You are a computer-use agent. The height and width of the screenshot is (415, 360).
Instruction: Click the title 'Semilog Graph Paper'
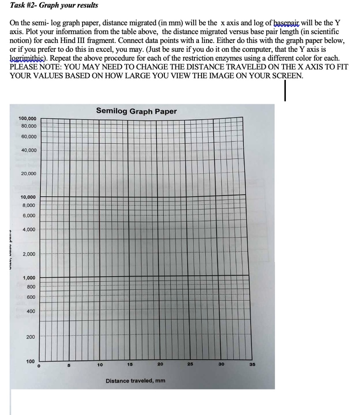(x=136, y=111)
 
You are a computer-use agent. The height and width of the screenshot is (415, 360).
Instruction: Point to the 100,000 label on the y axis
(x=27, y=118)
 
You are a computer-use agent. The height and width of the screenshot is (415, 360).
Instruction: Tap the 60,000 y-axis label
(x=29, y=137)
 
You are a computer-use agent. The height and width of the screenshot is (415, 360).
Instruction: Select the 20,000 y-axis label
(x=29, y=173)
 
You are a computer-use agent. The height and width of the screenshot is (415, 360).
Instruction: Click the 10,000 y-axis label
(x=28, y=197)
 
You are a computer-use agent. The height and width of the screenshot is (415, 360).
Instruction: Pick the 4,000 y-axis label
(x=29, y=229)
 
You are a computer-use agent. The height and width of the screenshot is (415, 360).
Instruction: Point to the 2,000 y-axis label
(x=29, y=254)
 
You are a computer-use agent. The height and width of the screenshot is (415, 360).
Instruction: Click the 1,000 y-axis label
(x=28, y=278)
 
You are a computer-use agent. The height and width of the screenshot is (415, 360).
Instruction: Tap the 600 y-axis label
(x=31, y=297)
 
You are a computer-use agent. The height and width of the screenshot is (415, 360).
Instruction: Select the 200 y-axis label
(x=31, y=337)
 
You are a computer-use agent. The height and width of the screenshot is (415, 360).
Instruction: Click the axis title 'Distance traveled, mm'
(x=135, y=381)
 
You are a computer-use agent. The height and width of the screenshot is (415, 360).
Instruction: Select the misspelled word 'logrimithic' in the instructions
(x=26, y=58)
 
